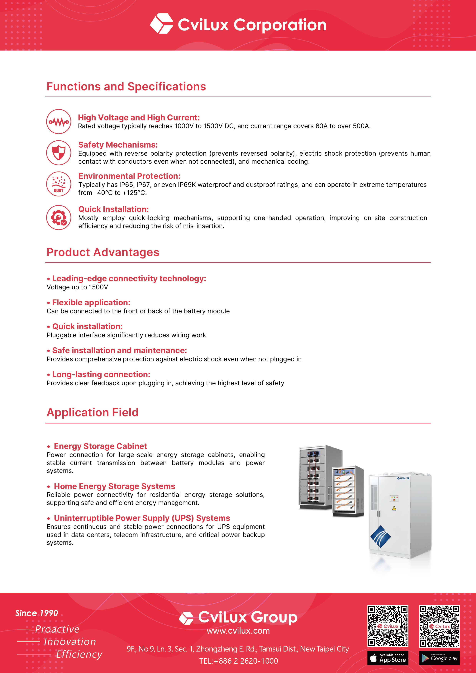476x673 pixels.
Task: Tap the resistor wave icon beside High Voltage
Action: coord(59,122)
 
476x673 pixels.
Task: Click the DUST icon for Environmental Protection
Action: coord(59,184)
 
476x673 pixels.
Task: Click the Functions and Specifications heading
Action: coord(126,87)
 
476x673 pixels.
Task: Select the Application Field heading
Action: coord(92,412)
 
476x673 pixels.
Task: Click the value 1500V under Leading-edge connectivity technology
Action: coord(98,287)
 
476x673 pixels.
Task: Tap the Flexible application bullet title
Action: coord(91,303)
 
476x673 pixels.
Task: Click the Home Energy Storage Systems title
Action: coord(114,486)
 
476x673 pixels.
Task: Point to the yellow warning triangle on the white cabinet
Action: coord(394,508)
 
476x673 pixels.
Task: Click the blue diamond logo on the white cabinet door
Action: coord(380,536)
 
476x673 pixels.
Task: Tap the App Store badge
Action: coord(388,658)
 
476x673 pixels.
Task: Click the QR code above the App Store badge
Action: coord(388,626)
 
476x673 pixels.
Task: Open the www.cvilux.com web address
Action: coord(238,631)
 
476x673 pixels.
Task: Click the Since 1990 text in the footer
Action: coord(37,613)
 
